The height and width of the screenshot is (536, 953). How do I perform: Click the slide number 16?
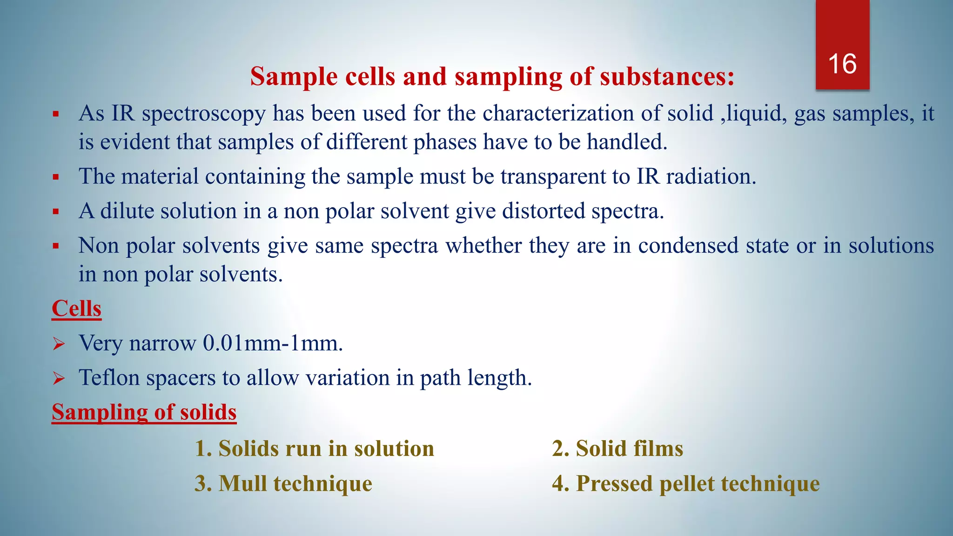pyautogui.click(x=842, y=64)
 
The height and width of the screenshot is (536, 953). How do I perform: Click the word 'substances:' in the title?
pyautogui.click(x=667, y=77)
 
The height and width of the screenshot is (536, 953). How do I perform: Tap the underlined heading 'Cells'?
pyautogui.click(x=76, y=309)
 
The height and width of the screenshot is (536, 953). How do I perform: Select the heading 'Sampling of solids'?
pyautogui.click(x=144, y=412)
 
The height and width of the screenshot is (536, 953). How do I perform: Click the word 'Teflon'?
pyautogui.click(x=109, y=377)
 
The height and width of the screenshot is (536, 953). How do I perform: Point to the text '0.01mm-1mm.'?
pyautogui.click(x=273, y=343)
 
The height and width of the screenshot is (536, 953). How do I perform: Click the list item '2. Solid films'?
pyautogui.click(x=617, y=449)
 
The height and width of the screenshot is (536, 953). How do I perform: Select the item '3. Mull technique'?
pyautogui.click(x=283, y=483)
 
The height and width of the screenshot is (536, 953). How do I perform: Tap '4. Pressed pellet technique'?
pyautogui.click(x=685, y=483)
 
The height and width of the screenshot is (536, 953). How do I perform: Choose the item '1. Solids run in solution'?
pyautogui.click(x=314, y=449)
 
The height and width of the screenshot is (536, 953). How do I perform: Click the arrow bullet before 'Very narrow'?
pyautogui.click(x=59, y=344)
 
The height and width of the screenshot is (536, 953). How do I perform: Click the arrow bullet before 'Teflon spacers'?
pyautogui.click(x=59, y=379)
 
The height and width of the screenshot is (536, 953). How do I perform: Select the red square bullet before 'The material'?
pyautogui.click(x=56, y=177)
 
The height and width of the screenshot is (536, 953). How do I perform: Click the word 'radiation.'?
pyautogui.click(x=711, y=177)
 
